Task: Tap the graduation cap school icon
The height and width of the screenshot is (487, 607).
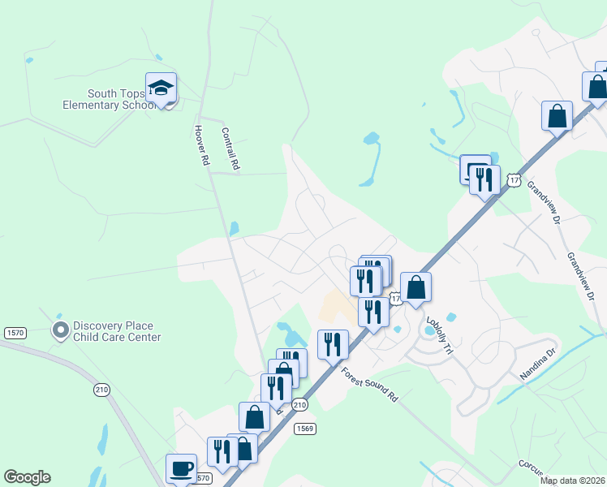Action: (161, 88)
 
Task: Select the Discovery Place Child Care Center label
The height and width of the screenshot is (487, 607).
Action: (117, 331)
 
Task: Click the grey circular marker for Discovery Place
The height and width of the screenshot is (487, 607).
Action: (60, 330)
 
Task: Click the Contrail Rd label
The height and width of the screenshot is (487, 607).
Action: (231, 148)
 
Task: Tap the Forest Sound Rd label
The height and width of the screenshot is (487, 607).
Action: (370, 386)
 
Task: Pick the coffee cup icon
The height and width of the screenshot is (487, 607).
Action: (181, 468)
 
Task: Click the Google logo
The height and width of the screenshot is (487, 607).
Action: (27, 477)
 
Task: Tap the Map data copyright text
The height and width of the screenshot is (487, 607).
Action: (572, 481)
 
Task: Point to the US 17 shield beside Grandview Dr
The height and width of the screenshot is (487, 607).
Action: (512, 179)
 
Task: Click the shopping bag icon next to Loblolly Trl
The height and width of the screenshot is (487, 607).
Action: (415, 287)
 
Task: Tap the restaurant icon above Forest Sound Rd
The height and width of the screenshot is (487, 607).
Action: (333, 344)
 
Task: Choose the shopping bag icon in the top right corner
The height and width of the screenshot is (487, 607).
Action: (596, 88)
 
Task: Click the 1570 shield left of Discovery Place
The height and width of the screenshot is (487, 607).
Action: (15, 333)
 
